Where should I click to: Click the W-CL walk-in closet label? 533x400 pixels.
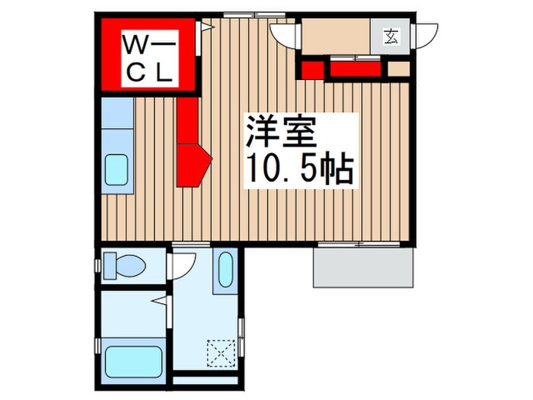pyautogui.click(x=150, y=58)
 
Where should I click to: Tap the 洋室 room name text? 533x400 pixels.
pyautogui.click(x=281, y=132)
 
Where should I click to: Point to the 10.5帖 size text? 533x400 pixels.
pyautogui.click(x=300, y=169)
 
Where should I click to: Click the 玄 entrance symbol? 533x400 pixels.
pyautogui.click(x=391, y=36)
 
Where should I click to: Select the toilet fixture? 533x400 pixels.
pyautogui.click(x=124, y=265)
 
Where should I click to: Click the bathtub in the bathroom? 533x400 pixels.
pyautogui.click(x=133, y=362)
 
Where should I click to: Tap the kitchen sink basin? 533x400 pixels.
pyautogui.click(x=116, y=170)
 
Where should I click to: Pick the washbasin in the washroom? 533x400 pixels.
pyautogui.click(x=225, y=270)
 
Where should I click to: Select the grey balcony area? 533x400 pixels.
pyautogui.click(x=364, y=267)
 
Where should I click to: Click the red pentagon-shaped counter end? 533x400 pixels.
pyautogui.click(x=193, y=165)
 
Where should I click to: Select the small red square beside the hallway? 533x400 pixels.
pyautogui.click(x=313, y=69)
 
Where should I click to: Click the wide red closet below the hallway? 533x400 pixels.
pyautogui.click(x=356, y=69)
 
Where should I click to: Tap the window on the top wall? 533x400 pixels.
pyautogui.click(x=254, y=14)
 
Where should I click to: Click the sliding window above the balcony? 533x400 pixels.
pyautogui.click(x=359, y=244)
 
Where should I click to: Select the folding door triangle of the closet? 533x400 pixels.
pyautogui.click(x=206, y=26)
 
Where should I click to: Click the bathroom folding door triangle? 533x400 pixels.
pyautogui.click(x=159, y=301)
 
